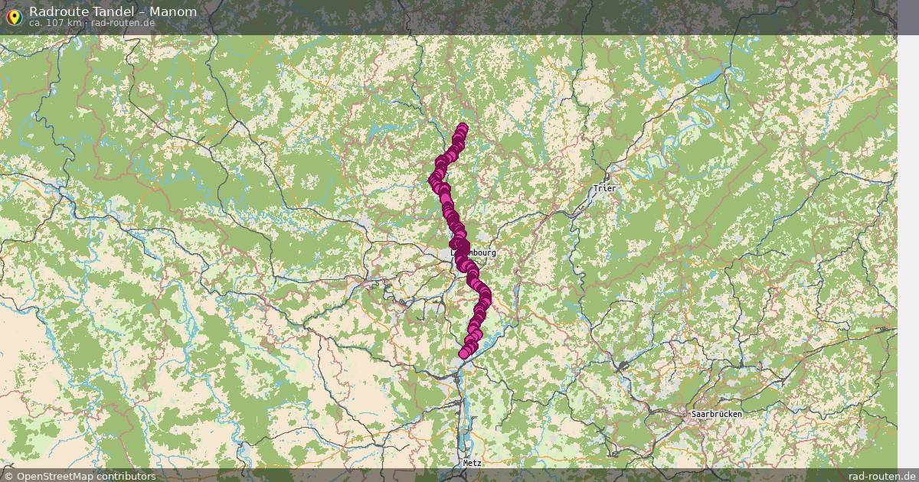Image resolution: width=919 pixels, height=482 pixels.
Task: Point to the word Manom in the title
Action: coord(172,11)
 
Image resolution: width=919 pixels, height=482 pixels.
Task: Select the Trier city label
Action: coord(604,188)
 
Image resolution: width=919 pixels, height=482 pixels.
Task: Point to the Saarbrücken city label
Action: coord(716,414)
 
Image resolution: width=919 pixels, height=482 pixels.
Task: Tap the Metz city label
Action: coord(472,464)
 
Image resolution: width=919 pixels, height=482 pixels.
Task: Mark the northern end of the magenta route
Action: coord(462,128)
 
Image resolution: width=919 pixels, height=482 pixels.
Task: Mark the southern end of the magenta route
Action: coord(464,353)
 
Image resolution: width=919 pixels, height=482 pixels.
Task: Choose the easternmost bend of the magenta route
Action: coord(486,295)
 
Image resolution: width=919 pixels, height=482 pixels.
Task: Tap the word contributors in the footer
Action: coord(127,476)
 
